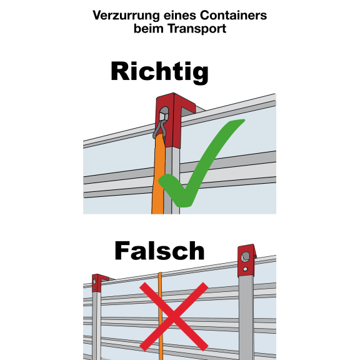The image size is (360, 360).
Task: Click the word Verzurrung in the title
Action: (126, 16)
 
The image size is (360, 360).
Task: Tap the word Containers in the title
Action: (233, 15)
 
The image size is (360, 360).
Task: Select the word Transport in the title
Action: (197, 29)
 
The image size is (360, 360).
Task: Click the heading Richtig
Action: (159, 72)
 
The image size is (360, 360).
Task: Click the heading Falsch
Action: (159, 251)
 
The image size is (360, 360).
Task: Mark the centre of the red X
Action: (174, 317)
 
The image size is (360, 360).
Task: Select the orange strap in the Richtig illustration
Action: (158, 174)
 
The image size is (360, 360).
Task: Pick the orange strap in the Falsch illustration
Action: (161, 316)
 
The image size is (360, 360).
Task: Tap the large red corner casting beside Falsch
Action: (247, 261)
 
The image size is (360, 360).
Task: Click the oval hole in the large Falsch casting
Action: (246, 257)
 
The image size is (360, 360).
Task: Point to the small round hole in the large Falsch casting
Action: (246, 269)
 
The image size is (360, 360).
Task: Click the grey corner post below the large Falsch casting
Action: (246, 318)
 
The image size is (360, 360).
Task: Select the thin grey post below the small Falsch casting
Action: (96, 326)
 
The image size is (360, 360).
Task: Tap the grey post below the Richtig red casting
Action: (172, 181)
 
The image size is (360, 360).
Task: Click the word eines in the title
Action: (180, 16)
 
